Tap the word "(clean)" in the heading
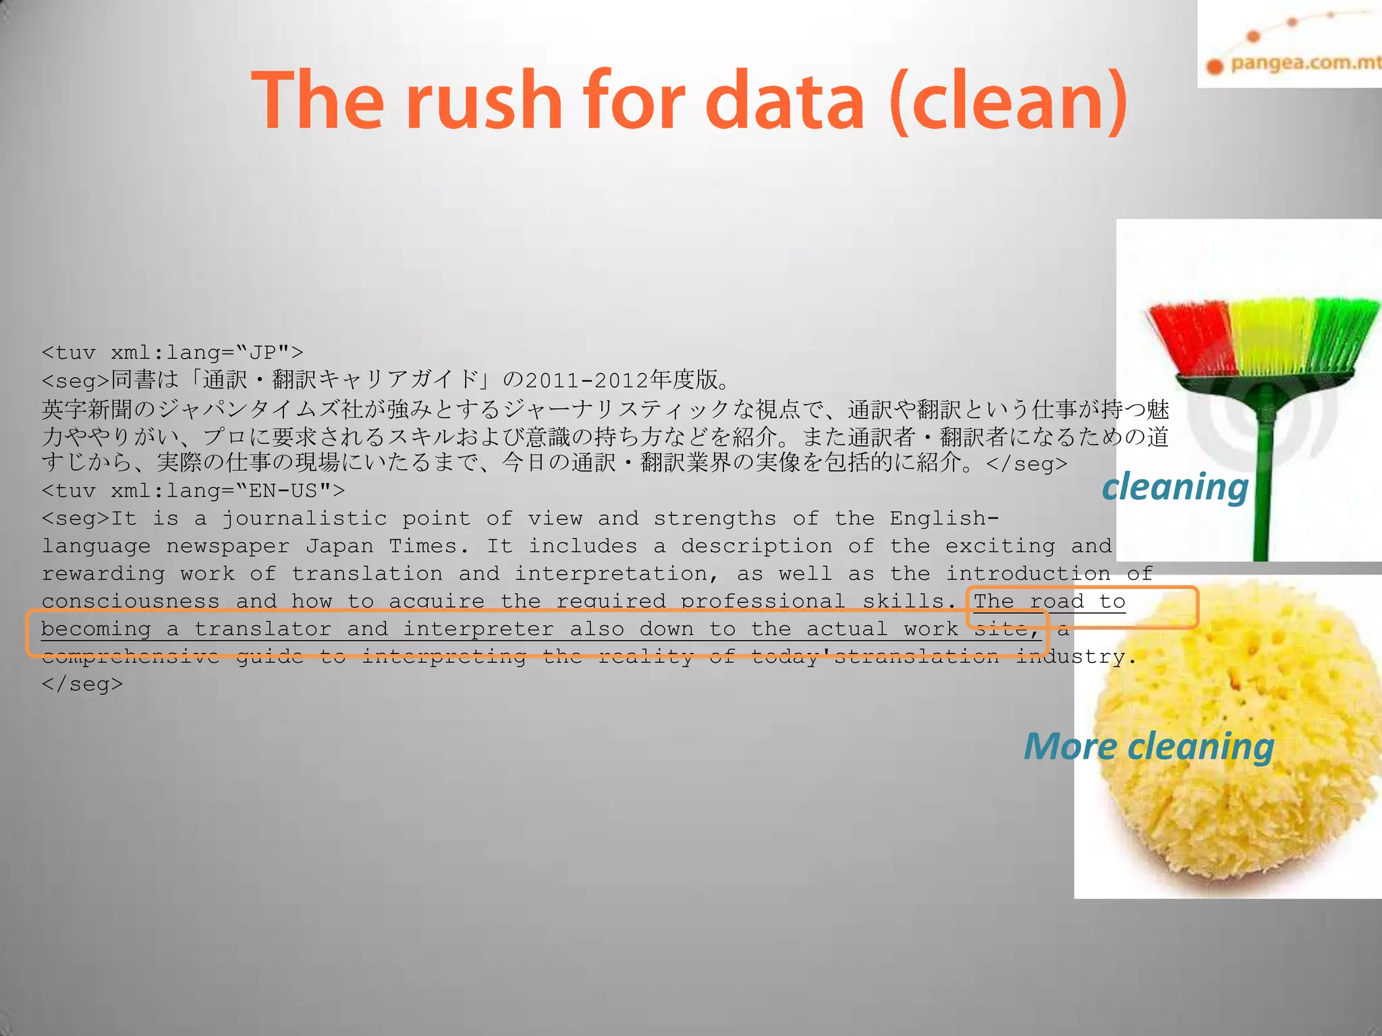1008,101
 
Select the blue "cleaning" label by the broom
1175,487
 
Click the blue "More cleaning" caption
1149,747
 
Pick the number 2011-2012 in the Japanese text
585,381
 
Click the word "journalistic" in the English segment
304,519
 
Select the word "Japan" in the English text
339,546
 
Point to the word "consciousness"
130,601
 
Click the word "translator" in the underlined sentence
262,629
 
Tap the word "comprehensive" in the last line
130,656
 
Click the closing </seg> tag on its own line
82,684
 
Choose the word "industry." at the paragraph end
1077,656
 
